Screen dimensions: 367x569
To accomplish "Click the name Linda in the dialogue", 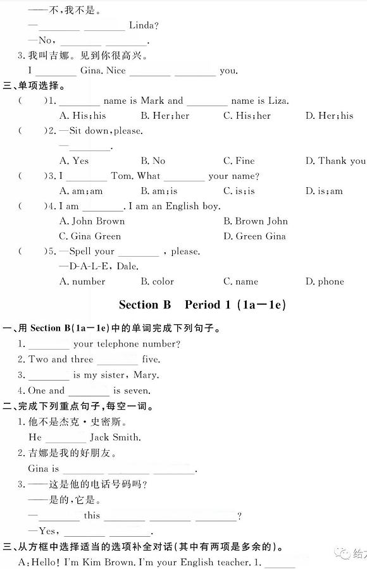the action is [143, 25].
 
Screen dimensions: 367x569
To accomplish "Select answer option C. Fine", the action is [239, 161].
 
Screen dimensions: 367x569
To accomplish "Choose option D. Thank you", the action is [335, 161].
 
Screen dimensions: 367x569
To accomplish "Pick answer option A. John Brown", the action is [92, 221].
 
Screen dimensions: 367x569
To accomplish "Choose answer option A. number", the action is [82, 281].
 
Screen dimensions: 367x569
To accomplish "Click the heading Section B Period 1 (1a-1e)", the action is [202, 305].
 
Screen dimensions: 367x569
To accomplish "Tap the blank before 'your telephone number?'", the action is [49, 345].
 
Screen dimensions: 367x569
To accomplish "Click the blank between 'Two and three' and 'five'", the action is [117, 360].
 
